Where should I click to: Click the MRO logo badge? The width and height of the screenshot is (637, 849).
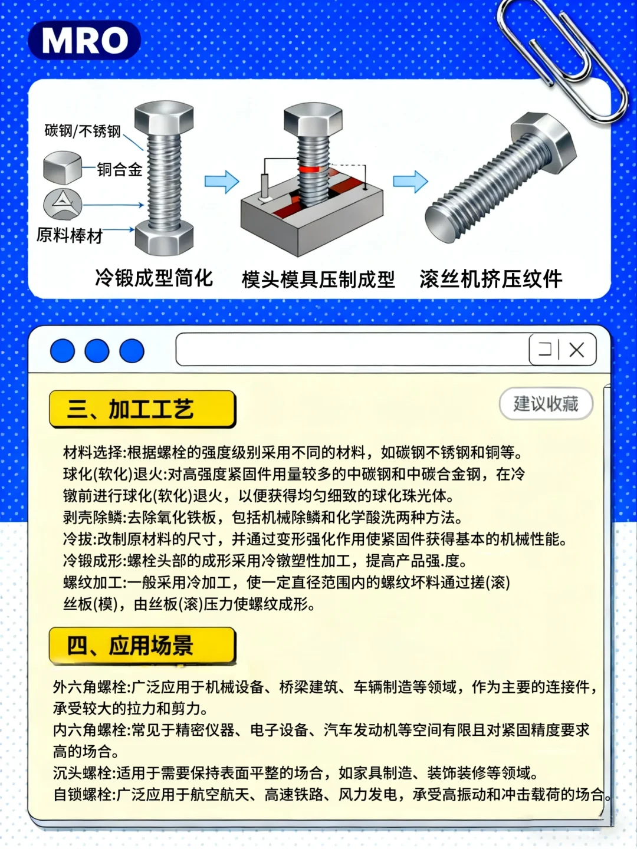[84, 41]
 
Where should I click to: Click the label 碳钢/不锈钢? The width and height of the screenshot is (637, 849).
[83, 131]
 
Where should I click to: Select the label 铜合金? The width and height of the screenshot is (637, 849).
[120, 170]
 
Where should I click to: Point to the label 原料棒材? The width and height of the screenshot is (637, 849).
[70, 236]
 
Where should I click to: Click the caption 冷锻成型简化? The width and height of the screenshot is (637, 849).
[154, 278]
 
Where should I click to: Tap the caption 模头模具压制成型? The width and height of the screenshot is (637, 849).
[318, 279]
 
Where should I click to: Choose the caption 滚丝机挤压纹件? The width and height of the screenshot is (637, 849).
[491, 279]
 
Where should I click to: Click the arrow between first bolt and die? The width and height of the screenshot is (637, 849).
[222, 182]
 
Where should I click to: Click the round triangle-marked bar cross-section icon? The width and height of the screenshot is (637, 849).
[63, 204]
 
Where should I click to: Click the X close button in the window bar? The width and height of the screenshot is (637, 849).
[576, 350]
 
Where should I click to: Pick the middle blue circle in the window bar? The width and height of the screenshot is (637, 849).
[97, 351]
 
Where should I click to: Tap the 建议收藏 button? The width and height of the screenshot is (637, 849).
[546, 404]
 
